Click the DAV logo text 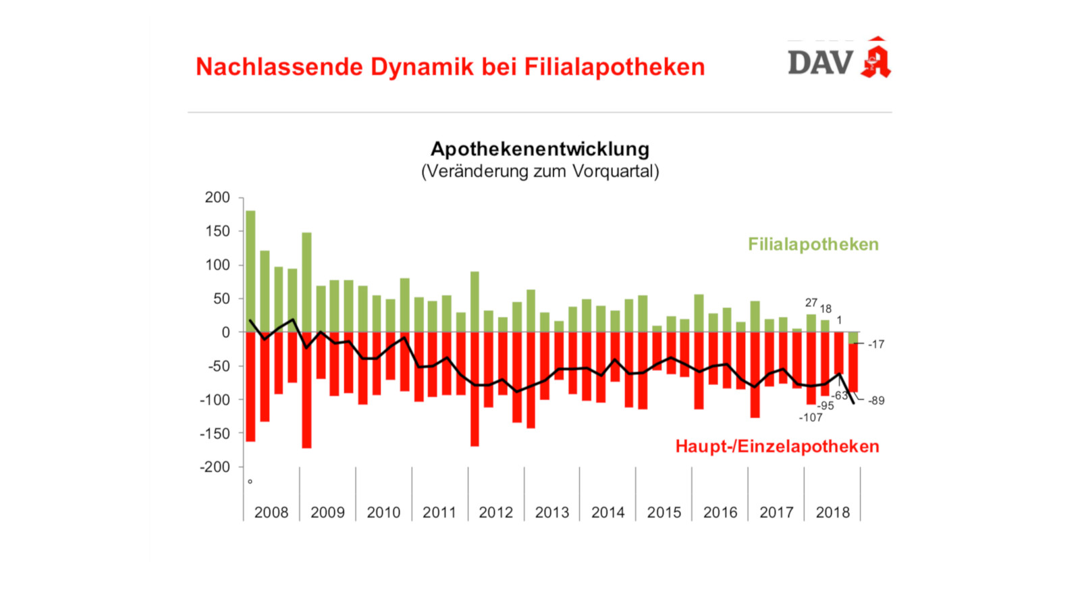point(820,63)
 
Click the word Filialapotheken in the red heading point(614,67)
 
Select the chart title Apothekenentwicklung point(540,149)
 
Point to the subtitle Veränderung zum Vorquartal point(540,171)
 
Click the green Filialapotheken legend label point(813,245)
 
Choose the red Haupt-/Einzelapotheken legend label point(777,447)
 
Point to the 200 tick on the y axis point(217,197)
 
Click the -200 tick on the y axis point(215,467)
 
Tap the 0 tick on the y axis point(225,332)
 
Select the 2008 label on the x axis point(271,513)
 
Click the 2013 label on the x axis point(552,513)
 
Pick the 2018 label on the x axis point(832,513)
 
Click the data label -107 point(811,417)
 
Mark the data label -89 point(875,401)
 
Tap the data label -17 point(875,345)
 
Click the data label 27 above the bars point(811,303)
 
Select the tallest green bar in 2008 point(250,270)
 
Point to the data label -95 point(826,406)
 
